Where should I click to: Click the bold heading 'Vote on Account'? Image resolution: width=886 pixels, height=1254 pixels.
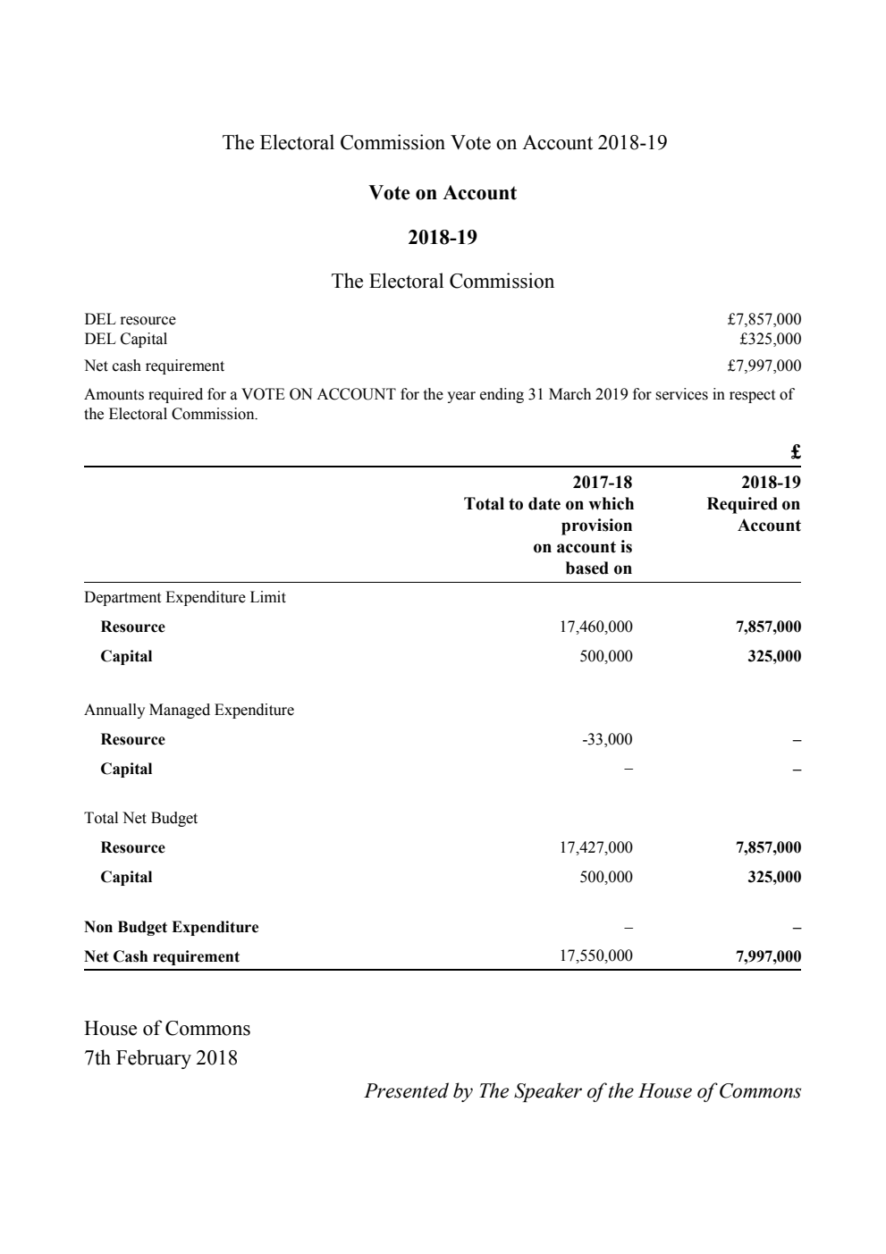click(443, 193)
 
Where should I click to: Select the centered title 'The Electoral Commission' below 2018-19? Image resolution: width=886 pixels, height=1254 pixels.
click(443, 282)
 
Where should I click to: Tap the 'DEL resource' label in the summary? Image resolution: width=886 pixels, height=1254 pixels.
click(130, 319)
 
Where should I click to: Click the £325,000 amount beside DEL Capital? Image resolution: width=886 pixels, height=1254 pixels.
click(770, 339)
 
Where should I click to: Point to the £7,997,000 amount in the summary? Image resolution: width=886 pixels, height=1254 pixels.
click(764, 366)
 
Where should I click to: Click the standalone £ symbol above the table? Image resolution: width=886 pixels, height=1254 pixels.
click(795, 451)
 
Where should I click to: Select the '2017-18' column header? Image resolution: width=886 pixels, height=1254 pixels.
click(602, 483)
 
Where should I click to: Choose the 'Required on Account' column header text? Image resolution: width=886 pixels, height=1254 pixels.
click(754, 515)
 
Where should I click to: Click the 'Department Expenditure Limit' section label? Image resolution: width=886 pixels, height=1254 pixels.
click(185, 597)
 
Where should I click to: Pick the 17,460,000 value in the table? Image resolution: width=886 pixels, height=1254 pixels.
click(595, 627)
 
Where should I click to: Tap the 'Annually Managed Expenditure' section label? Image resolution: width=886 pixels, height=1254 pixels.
click(189, 710)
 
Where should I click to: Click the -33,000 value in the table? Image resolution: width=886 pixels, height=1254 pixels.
click(607, 739)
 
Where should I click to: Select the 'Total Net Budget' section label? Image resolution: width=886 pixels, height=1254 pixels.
click(140, 818)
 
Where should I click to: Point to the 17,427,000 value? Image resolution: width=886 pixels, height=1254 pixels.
click(595, 847)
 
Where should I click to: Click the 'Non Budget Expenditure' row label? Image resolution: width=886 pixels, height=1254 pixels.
click(171, 927)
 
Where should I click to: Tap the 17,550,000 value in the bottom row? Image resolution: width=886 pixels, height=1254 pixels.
click(595, 955)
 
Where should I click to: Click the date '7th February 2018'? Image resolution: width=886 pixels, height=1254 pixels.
click(161, 1058)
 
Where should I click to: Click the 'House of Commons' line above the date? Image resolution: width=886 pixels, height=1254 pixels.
click(167, 1028)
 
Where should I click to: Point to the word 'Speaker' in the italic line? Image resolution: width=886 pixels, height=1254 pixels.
click(547, 1091)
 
